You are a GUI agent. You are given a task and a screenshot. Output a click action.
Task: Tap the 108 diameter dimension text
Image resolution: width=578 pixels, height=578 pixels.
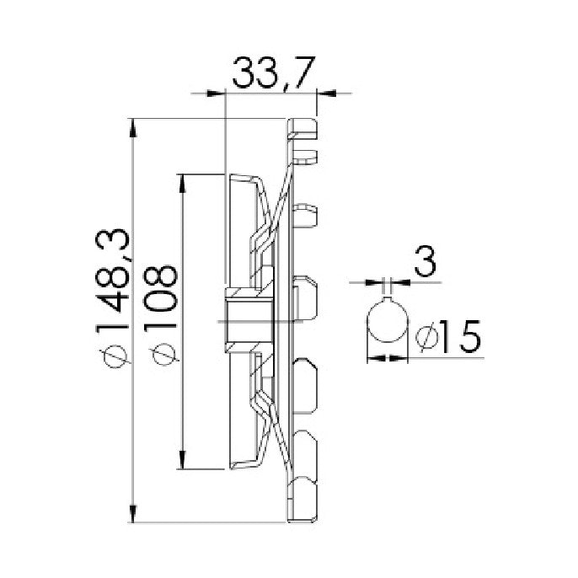[x=160, y=293]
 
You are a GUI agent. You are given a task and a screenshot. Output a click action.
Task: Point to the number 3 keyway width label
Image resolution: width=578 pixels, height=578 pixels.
[x=425, y=262]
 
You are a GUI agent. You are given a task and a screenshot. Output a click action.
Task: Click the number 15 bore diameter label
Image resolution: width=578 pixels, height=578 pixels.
[x=460, y=336]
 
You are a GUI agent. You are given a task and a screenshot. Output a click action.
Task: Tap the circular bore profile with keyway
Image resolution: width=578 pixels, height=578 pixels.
[x=387, y=322]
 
